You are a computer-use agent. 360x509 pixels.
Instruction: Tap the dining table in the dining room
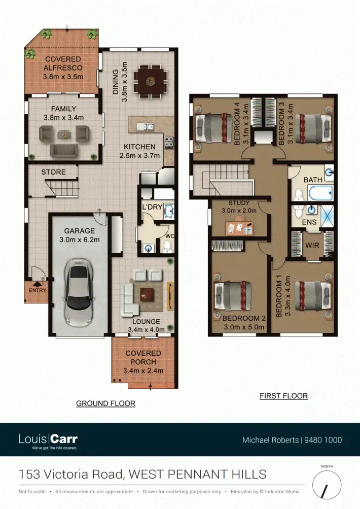(150, 80)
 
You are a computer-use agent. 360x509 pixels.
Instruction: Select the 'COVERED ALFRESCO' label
(62, 63)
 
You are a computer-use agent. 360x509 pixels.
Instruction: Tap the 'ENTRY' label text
(38, 291)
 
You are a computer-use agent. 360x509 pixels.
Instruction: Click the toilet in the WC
(167, 247)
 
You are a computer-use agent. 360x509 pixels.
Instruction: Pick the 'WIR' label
(311, 245)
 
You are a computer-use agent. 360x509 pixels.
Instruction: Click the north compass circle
(327, 485)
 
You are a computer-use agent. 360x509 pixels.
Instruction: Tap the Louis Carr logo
(48, 440)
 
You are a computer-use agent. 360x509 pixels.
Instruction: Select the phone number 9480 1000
(323, 440)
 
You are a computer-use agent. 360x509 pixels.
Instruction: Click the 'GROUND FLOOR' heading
(105, 403)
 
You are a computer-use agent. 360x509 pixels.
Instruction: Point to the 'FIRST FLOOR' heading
(283, 396)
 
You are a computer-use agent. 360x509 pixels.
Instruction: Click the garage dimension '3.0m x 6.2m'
(79, 239)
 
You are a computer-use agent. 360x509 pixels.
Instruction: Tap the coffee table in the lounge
(148, 293)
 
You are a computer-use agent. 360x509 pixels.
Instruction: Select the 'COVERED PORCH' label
(143, 357)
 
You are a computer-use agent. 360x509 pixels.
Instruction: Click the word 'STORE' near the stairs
(53, 172)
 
